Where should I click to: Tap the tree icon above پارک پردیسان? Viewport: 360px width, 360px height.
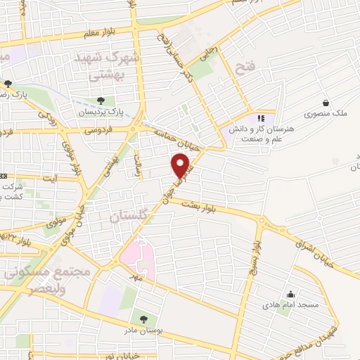tap(101, 101)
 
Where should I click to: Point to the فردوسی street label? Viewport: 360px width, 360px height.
tap(98, 131)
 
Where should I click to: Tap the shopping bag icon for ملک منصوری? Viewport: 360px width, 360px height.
tap(325, 103)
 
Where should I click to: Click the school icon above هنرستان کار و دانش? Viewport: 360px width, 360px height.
tap(261, 118)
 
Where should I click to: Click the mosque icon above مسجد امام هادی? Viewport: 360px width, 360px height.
tap(290, 294)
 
